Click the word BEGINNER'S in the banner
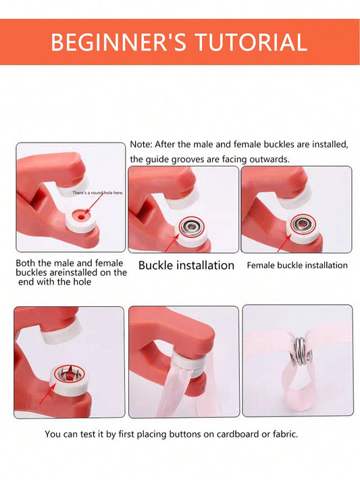118,42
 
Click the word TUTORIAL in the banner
251,42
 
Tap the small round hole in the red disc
81,217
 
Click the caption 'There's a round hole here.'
98,193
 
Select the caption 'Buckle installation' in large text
186,265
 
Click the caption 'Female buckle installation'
297,265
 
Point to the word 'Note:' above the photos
141,144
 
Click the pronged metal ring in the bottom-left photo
69,375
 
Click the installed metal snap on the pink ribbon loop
301,351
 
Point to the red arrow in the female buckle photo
284,243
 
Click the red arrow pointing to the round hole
94,203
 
